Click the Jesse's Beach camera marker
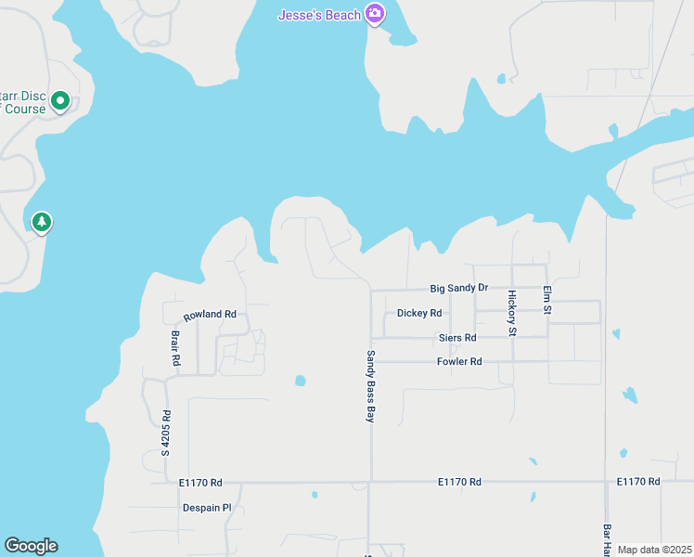(x=375, y=14)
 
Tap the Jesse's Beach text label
(x=320, y=15)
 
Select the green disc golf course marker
(x=60, y=99)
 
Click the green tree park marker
(x=41, y=222)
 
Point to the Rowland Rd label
(x=210, y=315)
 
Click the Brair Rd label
(x=174, y=347)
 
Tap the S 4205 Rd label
(x=166, y=434)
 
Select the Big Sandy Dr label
(x=458, y=289)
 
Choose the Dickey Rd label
(x=418, y=313)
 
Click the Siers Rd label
(x=457, y=338)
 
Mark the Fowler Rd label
(x=459, y=361)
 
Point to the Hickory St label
(x=511, y=312)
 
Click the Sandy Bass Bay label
(x=370, y=386)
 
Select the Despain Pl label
(x=206, y=508)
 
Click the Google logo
(x=31, y=546)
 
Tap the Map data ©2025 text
(x=654, y=550)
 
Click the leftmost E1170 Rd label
(x=200, y=483)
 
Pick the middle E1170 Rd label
(x=459, y=482)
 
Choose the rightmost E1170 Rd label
(x=637, y=482)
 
